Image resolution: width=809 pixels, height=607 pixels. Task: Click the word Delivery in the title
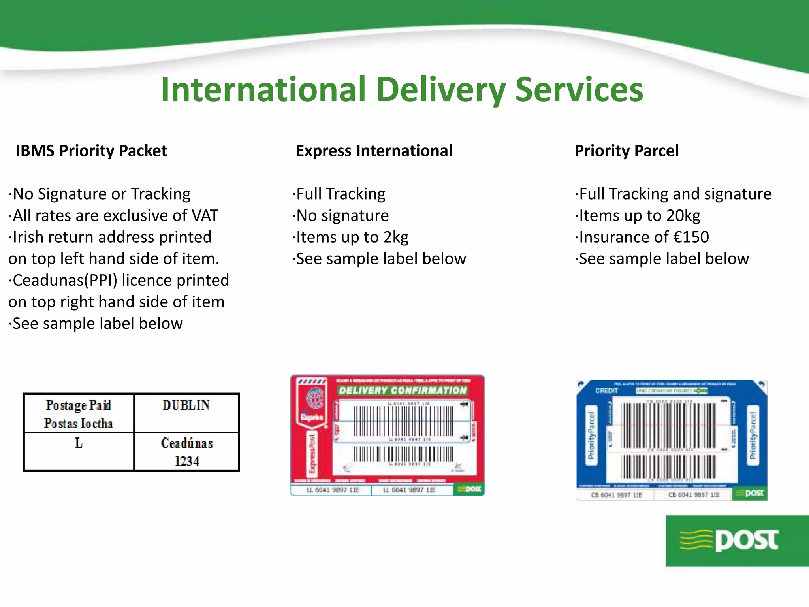[x=441, y=90]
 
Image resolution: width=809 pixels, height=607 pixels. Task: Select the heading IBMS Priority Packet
[x=91, y=151]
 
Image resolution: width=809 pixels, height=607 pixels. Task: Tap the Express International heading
[x=374, y=151]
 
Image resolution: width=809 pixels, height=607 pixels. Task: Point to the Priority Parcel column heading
[x=627, y=151]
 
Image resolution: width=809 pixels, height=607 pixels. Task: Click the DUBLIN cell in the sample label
[x=186, y=405]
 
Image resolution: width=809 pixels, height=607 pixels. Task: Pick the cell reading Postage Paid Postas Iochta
[x=79, y=414]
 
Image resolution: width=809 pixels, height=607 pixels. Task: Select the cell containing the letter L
[x=79, y=443]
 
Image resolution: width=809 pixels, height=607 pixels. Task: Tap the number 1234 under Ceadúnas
[x=187, y=461]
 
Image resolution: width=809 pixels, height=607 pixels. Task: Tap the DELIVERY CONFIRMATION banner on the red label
[x=403, y=390]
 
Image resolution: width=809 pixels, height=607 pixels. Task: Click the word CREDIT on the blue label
[x=606, y=391]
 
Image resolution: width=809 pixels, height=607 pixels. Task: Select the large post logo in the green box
[x=737, y=540]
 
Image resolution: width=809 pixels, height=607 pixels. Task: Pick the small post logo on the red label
[x=469, y=489]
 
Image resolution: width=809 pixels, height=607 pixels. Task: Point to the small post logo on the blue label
[x=751, y=493]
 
